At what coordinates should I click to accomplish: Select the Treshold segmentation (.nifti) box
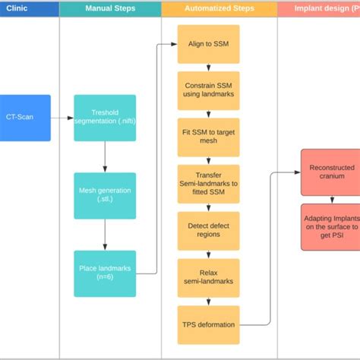(x=105, y=118)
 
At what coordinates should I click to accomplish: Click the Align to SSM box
(x=208, y=44)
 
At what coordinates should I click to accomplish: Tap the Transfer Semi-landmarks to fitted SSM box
(x=208, y=185)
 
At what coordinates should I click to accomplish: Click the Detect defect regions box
(x=208, y=231)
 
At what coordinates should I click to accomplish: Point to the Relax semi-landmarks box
(x=208, y=277)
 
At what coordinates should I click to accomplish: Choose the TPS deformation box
(x=208, y=324)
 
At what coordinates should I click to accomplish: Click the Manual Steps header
(x=109, y=9)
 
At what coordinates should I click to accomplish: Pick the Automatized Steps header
(x=219, y=9)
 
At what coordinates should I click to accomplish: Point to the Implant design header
(x=319, y=9)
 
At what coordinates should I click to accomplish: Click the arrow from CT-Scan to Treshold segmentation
(x=62, y=118)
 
